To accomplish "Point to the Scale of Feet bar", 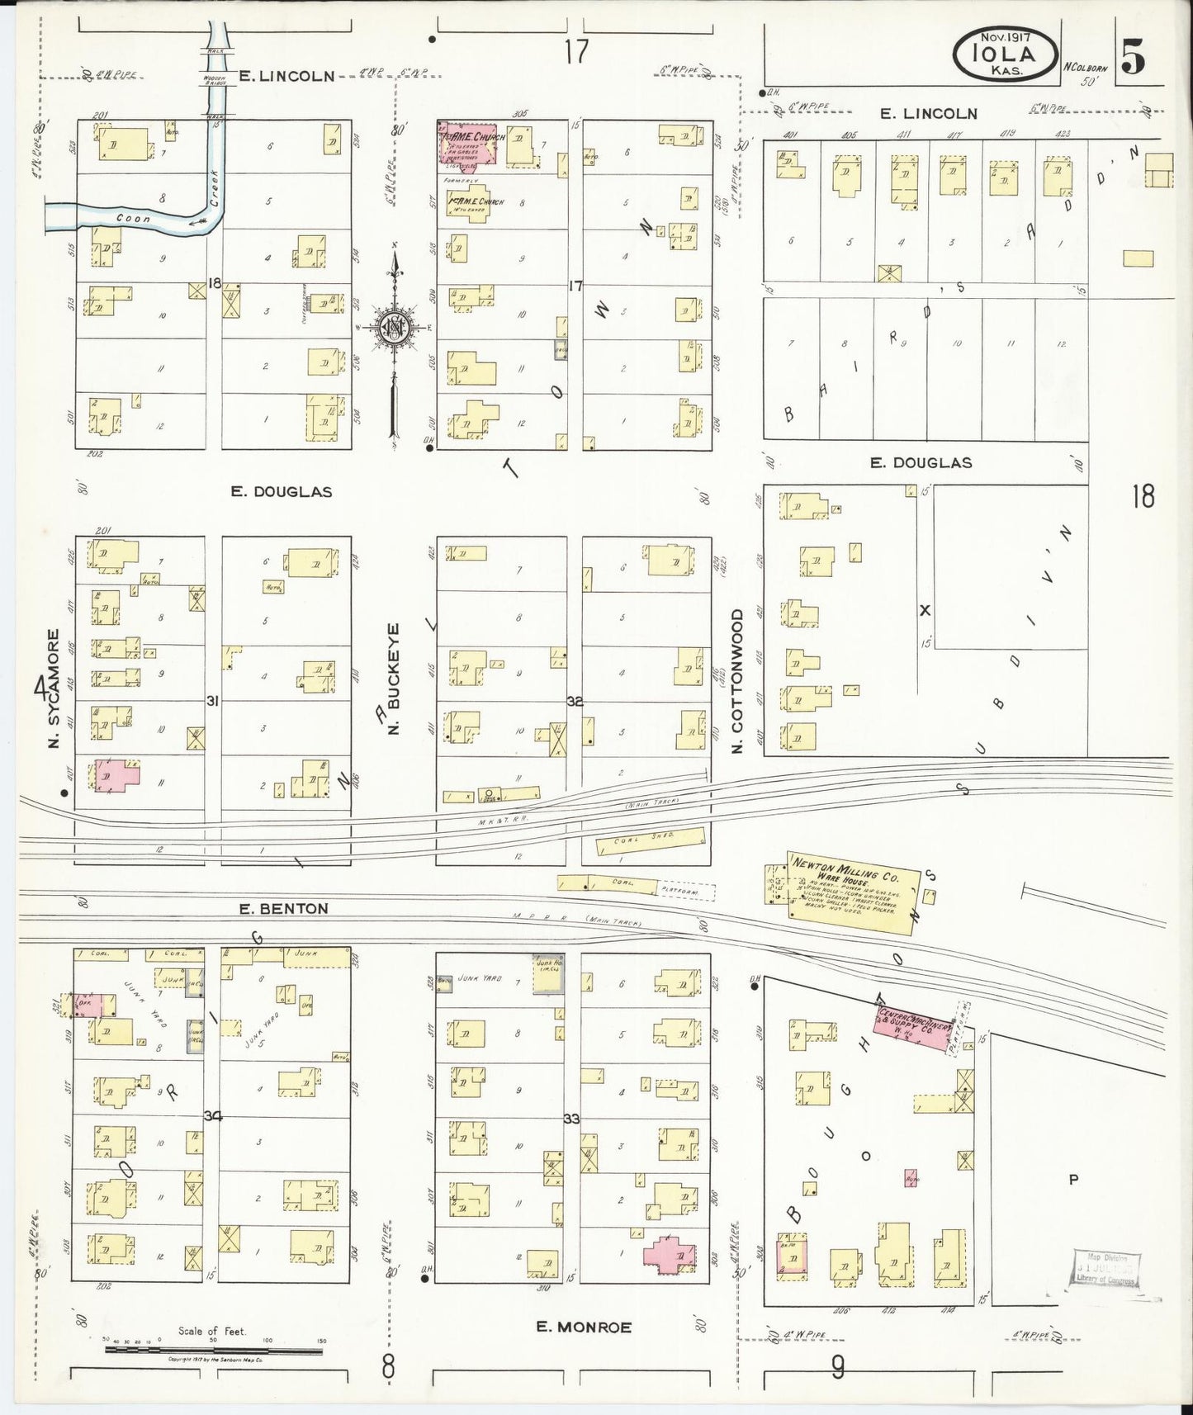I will [x=213, y=1350].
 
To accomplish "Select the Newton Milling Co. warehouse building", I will [x=850, y=892].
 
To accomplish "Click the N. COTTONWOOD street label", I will [x=737, y=682].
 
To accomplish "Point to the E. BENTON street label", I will [x=283, y=908].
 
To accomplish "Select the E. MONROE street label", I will [x=583, y=1327].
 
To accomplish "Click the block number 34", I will [x=213, y=1116].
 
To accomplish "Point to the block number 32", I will [x=575, y=701].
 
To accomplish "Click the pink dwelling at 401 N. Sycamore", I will [x=116, y=776].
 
